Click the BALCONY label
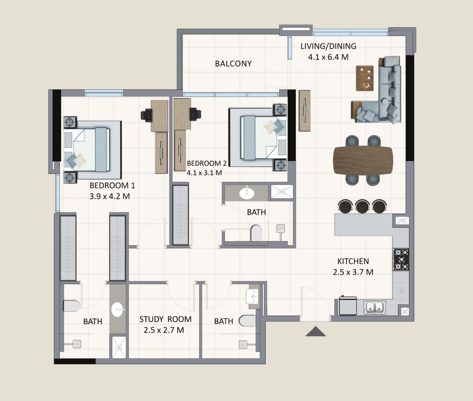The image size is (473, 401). coord(233,63)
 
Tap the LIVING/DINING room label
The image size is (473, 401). coord(328,46)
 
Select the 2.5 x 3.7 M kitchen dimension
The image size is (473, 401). coord(353,272)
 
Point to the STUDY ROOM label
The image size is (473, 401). coord(165,319)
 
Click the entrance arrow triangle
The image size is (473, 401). coord(316,331)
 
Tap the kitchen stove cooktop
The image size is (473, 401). coord(401,260)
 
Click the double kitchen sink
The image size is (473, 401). coord(375,307)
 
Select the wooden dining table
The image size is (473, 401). coord(363,161)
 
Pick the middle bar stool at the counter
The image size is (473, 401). coord(362,206)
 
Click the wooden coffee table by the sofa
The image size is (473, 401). coord(365,78)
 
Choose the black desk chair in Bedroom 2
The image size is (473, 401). coord(195,113)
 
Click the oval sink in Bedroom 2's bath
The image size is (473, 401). coord(246,194)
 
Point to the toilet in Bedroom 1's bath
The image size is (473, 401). coord(72,306)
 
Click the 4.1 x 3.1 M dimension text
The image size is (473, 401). coord(204,172)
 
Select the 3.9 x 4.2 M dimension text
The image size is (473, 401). coord(110,196)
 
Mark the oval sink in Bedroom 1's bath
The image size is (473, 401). coord(118,310)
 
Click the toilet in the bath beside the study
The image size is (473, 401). coord(247,320)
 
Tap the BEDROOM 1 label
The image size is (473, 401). coord(112,186)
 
